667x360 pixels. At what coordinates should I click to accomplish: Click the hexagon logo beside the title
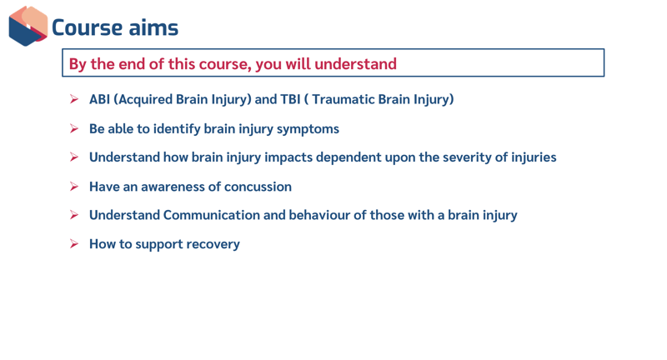28,26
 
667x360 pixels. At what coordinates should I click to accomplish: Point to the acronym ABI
99,99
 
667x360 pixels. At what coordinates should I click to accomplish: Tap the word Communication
211,215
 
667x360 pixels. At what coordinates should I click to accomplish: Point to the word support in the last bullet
150,244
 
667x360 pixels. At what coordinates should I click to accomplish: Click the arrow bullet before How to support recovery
73,244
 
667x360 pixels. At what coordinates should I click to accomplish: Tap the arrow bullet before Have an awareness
73,187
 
